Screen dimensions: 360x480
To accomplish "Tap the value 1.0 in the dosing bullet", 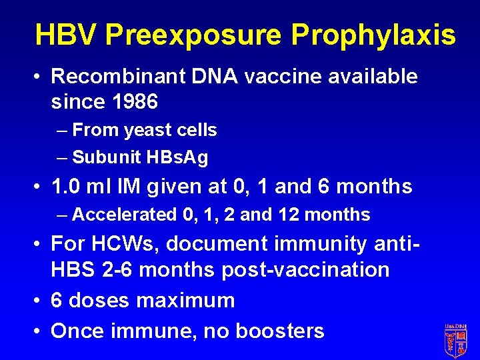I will [67, 187].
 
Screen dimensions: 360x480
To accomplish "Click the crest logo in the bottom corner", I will [455, 340].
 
